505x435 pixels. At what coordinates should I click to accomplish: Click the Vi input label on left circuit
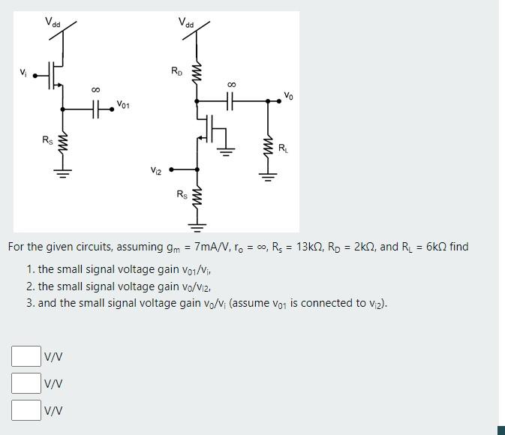(x=23, y=73)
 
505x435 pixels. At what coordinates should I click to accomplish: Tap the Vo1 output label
(x=122, y=106)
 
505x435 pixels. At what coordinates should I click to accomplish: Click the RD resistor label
(x=176, y=72)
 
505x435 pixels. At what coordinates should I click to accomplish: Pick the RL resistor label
(x=283, y=148)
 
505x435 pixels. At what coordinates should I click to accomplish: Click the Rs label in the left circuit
(x=47, y=139)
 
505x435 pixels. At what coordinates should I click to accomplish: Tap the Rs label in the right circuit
(x=182, y=195)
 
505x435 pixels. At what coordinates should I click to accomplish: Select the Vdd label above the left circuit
(x=53, y=22)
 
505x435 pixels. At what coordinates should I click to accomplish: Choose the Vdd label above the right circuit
(x=186, y=22)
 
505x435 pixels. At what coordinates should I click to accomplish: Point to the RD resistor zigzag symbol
(x=197, y=73)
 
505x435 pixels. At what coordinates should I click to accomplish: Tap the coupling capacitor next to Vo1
(x=96, y=109)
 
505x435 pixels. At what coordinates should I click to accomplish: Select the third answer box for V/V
(x=26, y=409)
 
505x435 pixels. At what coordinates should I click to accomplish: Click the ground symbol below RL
(x=266, y=177)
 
